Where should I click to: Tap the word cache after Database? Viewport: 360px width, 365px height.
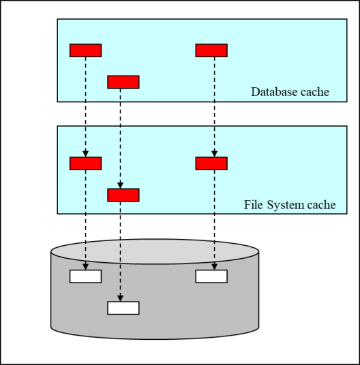coord(315,92)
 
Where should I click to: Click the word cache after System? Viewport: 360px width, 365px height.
coord(322,205)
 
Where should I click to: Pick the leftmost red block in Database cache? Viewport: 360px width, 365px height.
coord(85,50)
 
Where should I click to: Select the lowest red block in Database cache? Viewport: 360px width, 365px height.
coord(123,82)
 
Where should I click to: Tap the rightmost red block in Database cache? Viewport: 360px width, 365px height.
coord(211,50)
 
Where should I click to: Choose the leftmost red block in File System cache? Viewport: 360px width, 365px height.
coord(85,163)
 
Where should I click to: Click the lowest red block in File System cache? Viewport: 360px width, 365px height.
coord(123,195)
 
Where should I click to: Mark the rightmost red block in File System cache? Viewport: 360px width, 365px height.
coord(211,163)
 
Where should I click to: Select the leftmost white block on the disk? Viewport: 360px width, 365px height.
coord(85,276)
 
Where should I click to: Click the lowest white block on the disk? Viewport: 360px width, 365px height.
coord(123,308)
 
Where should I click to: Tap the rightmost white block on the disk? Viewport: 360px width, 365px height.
coord(211,276)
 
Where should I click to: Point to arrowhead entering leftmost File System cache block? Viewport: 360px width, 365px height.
coord(85,154)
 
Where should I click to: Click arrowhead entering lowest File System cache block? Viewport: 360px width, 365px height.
coord(120,185)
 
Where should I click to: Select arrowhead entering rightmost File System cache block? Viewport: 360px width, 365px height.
coord(214,154)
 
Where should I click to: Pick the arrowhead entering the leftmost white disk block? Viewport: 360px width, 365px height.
coord(85,267)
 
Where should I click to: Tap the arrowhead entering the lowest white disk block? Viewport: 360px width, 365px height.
coord(120,298)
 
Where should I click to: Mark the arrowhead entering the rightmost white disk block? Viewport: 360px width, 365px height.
coord(214,267)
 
